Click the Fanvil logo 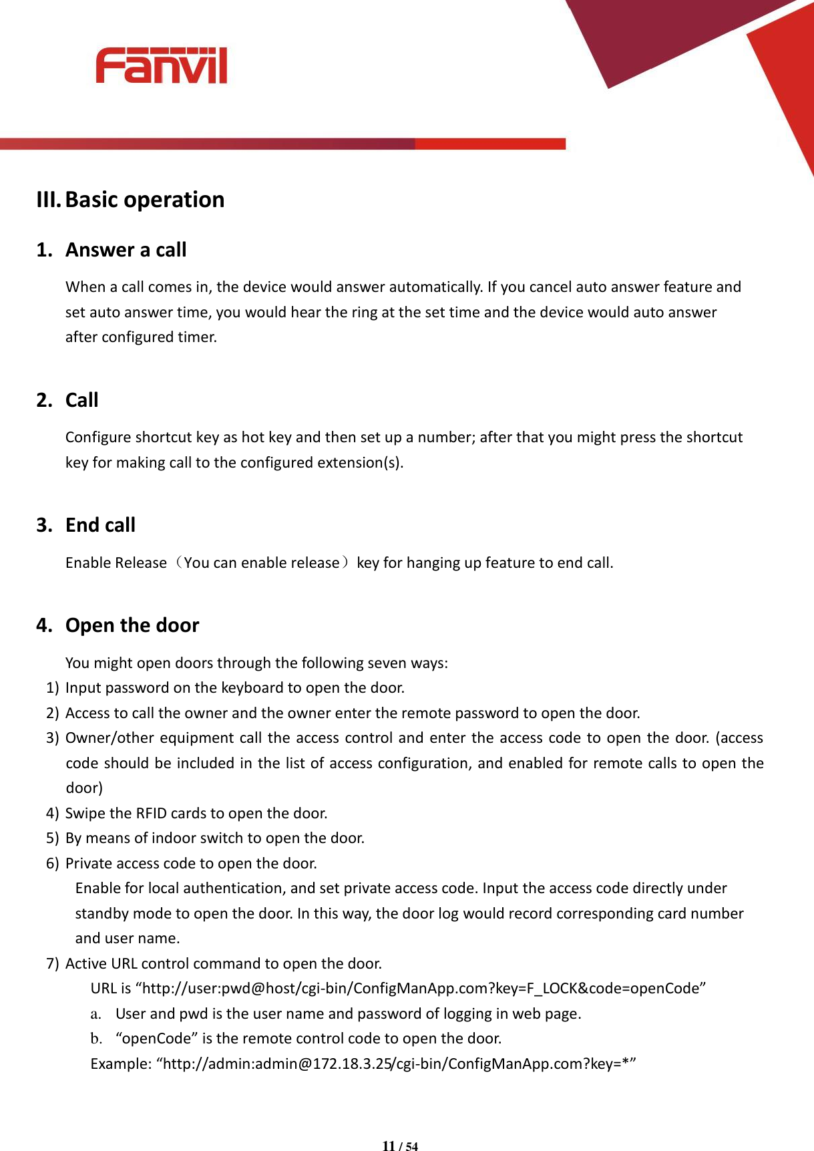161,65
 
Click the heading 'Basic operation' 145,200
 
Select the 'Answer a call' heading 126,250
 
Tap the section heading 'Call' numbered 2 81,400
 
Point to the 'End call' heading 100,525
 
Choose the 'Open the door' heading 132,625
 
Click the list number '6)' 53,863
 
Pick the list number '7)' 53,963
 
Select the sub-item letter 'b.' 96,1039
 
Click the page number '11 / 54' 400,1146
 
